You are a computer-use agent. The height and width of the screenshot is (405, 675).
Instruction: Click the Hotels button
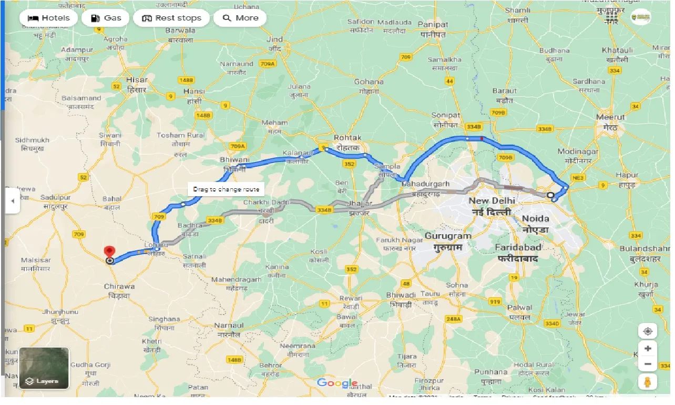[x=49, y=18]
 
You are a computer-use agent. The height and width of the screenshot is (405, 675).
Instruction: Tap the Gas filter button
[x=106, y=18]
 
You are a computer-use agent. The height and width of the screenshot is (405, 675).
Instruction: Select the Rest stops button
[x=171, y=18]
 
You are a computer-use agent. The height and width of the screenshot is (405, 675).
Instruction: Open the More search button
[x=240, y=18]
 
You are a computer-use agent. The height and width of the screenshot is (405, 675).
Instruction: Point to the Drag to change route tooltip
[x=226, y=189]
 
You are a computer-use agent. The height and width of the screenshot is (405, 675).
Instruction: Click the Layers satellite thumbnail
[x=44, y=368]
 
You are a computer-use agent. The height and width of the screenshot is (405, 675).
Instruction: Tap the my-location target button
[x=648, y=331]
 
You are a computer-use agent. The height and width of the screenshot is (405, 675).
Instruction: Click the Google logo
[x=337, y=383]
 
